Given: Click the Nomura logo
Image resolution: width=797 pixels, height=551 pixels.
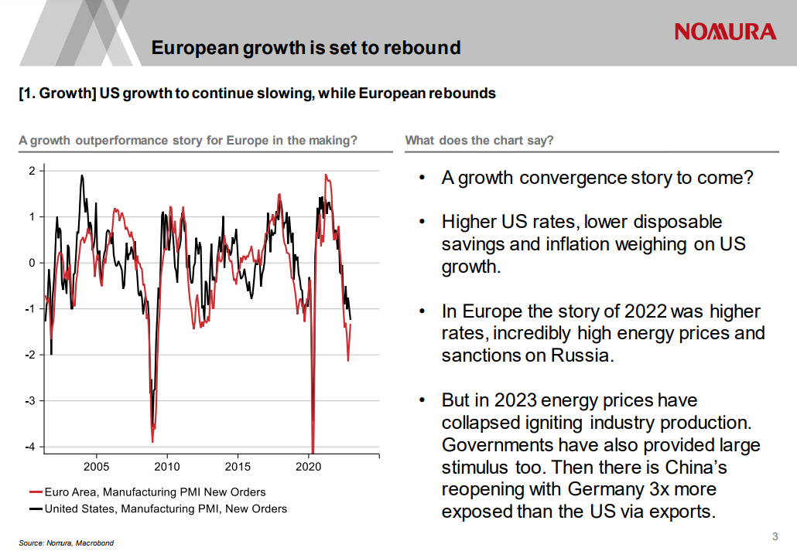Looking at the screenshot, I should pyautogui.click(x=725, y=32).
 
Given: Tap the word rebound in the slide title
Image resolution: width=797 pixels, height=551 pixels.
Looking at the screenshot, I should pyautogui.click(x=424, y=48).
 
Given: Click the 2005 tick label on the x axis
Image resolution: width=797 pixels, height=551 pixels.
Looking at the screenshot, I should pyautogui.click(x=97, y=467).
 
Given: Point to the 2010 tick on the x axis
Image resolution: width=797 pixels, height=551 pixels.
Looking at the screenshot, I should pyautogui.click(x=167, y=467).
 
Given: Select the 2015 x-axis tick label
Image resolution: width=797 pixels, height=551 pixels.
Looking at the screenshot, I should pyautogui.click(x=238, y=467).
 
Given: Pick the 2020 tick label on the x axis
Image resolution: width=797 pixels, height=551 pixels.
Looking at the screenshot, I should pyautogui.click(x=309, y=467).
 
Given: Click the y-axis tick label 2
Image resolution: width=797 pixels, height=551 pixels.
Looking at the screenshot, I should pyautogui.click(x=32, y=171).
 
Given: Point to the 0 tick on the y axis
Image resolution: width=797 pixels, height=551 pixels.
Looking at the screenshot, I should pyautogui.click(x=32, y=263).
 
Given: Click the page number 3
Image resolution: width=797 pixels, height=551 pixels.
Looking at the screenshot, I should pyautogui.click(x=775, y=537).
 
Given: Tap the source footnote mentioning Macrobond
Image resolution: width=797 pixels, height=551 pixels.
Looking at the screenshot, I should pyautogui.click(x=66, y=543).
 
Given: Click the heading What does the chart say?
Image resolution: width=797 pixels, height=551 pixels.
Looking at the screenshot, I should pyautogui.click(x=479, y=141).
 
